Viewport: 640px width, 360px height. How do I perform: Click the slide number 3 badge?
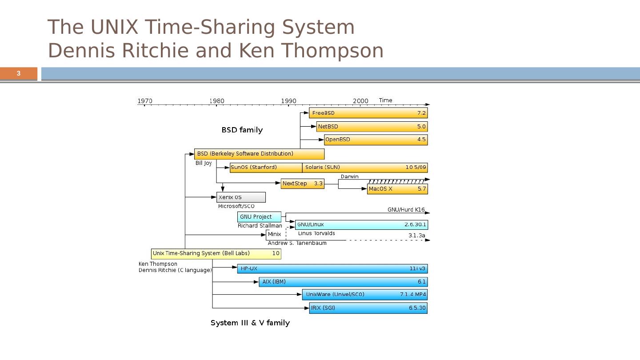pyautogui.click(x=19, y=73)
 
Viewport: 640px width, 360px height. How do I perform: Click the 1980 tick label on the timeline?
pyautogui.click(x=216, y=101)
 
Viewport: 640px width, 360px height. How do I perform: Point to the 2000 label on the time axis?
pyautogui.click(x=360, y=101)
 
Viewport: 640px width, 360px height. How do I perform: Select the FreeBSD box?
pyautogui.click(x=368, y=113)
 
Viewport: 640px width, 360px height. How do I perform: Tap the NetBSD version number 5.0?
pyautogui.click(x=421, y=127)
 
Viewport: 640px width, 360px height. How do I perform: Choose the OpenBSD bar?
pyautogui.click(x=376, y=140)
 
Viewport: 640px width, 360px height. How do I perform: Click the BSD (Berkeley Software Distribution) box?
pyautogui.click(x=259, y=154)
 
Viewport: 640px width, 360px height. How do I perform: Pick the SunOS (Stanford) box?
pyautogui.click(x=266, y=168)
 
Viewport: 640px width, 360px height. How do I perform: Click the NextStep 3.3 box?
pyautogui.click(x=302, y=184)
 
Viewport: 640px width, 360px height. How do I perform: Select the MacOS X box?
pyautogui.click(x=397, y=189)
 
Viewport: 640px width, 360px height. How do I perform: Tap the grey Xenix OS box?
pyautogui.click(x=241, y=197)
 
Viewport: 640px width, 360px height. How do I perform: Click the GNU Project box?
pyautogui.click(x=259, y=217)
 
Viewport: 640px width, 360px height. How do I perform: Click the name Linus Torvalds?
pyautogui.click(x=316, y=233)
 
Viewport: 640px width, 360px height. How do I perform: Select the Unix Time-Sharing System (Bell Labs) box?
pyautogui.click(x=216, y=254)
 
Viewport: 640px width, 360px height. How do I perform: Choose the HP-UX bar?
pyautogui.click(x=332, y=268)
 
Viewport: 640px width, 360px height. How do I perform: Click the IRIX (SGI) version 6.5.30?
pyautogui.click(x=417, y=308)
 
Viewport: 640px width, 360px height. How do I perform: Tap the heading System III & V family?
pyautogui.click(x=250, y=323)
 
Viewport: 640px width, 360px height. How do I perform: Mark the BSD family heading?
pyautogui.click(x=242, y=130)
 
